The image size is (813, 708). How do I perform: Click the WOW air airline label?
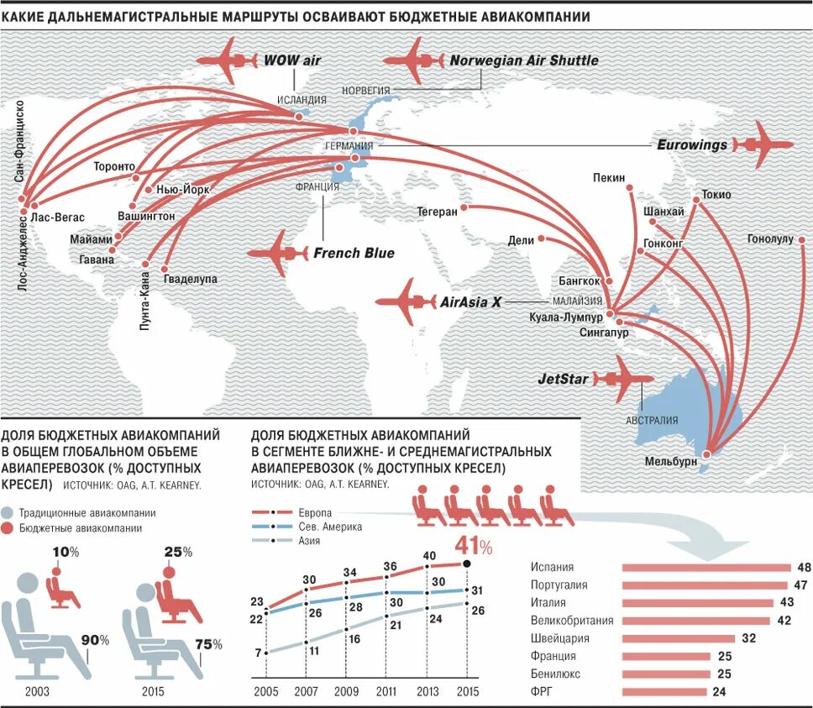(x=292, y=60)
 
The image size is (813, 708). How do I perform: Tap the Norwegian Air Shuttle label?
(x=524, y=60)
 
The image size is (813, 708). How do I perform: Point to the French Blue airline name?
(x=354, y=253)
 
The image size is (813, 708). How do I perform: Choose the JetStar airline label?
(x=563, y=379)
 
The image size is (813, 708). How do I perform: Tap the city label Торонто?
(x=114, y=166)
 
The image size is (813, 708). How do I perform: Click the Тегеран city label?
(x=437, y=212)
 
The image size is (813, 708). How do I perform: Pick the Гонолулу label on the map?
(x=770, y=239)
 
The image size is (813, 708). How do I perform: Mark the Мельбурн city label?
(x=671, y=461)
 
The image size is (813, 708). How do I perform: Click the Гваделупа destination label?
(x=191, y=279)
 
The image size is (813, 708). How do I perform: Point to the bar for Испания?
(x=705, y=568)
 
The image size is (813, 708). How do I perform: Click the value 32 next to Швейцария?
(x=749, y=638)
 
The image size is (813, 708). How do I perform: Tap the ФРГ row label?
(x=541, y=693)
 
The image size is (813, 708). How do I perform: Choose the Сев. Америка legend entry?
(x=330, y=527)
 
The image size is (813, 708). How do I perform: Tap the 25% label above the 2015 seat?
(x=178, y=552)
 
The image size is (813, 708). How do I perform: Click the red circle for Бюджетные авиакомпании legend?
(x=8, y=528)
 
